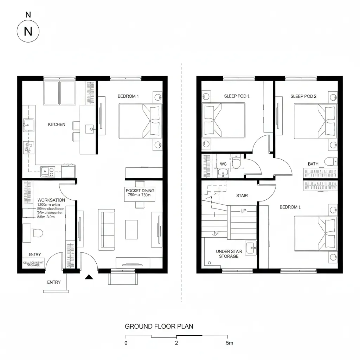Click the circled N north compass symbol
click(x=28, y=31)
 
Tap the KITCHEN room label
click(x=56, y=124)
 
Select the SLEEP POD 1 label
click(x=237, y=96)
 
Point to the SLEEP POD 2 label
click(x=303, y=96)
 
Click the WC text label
click(x=223, y=164)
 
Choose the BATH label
click(x=313, y=164)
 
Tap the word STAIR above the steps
click(x=242, y=195)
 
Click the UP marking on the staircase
click(x=243, y=211)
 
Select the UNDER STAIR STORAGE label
click(x=229, y=254)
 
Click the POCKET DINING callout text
click(x=140, y=193)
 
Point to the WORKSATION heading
click(x=51, y=200)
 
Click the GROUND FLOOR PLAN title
click(x=159, y=326)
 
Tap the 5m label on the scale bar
click(x=229, y=343)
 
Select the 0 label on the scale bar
click(x=126, y=343)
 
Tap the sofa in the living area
click(x=107, y=229)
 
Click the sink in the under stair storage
click(x=251, y=248)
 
